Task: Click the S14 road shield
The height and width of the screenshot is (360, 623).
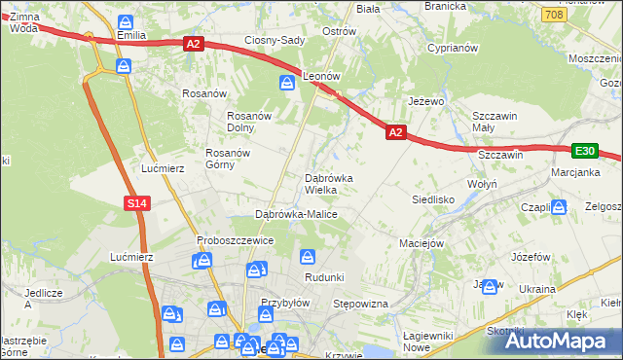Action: pyautogui.click(x=137, y=202)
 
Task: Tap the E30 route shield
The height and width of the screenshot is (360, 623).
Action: pyautogui.click(x=584, y=151)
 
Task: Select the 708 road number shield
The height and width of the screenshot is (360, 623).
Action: pyautogui.click(x=554, y=15)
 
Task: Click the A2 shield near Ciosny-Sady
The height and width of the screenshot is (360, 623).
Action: pyautogui.click(x=192, y=43)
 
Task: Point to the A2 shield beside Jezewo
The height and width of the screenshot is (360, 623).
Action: pyautogui.click(x=395, y=131)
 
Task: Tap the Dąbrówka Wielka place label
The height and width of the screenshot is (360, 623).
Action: pyautogui.click(x=336, y=184)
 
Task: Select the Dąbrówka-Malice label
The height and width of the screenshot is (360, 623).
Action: pyautogui.click(x=295, y=213)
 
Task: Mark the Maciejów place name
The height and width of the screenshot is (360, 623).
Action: pyautogui.click(x=421, y=242)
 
